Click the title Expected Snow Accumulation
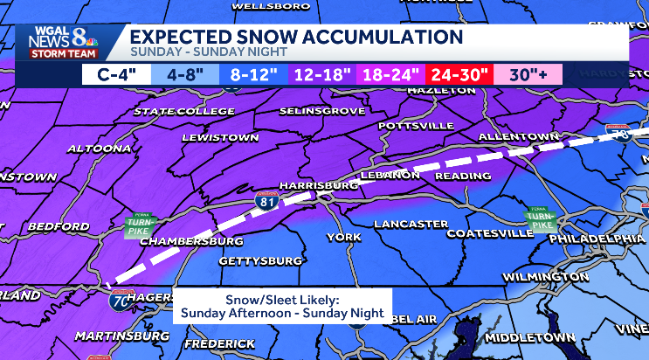pyautogui.click(x=296, y=37)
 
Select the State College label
pyautogui.click(x=184, y=112)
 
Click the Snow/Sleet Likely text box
pyautogui.click(x=282, y=306)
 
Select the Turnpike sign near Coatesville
pyautogui.click(x=535, y=218)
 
